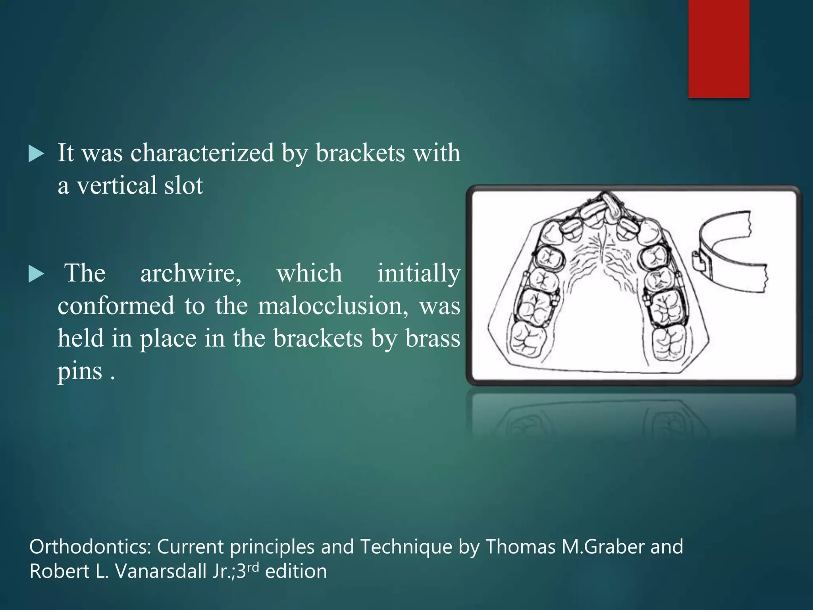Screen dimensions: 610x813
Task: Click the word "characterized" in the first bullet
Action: (x=202, y=153)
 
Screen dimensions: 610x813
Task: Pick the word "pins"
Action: (x=80, y=371)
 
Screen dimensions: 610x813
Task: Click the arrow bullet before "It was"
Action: (x=36, y=154)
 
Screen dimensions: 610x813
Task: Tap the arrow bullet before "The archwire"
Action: (x=36, y=274)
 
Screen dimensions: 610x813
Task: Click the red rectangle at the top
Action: (x=719, y=48)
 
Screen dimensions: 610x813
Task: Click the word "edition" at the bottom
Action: (x=296, y=571)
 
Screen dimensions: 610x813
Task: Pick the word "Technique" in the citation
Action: (x=406, y=547)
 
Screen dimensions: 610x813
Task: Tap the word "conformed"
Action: (x=116, y=306)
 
